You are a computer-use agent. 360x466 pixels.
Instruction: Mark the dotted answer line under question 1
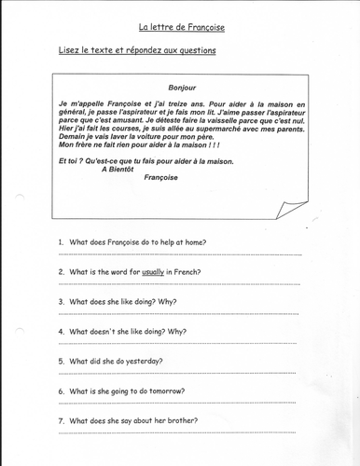(x=177, y=254)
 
